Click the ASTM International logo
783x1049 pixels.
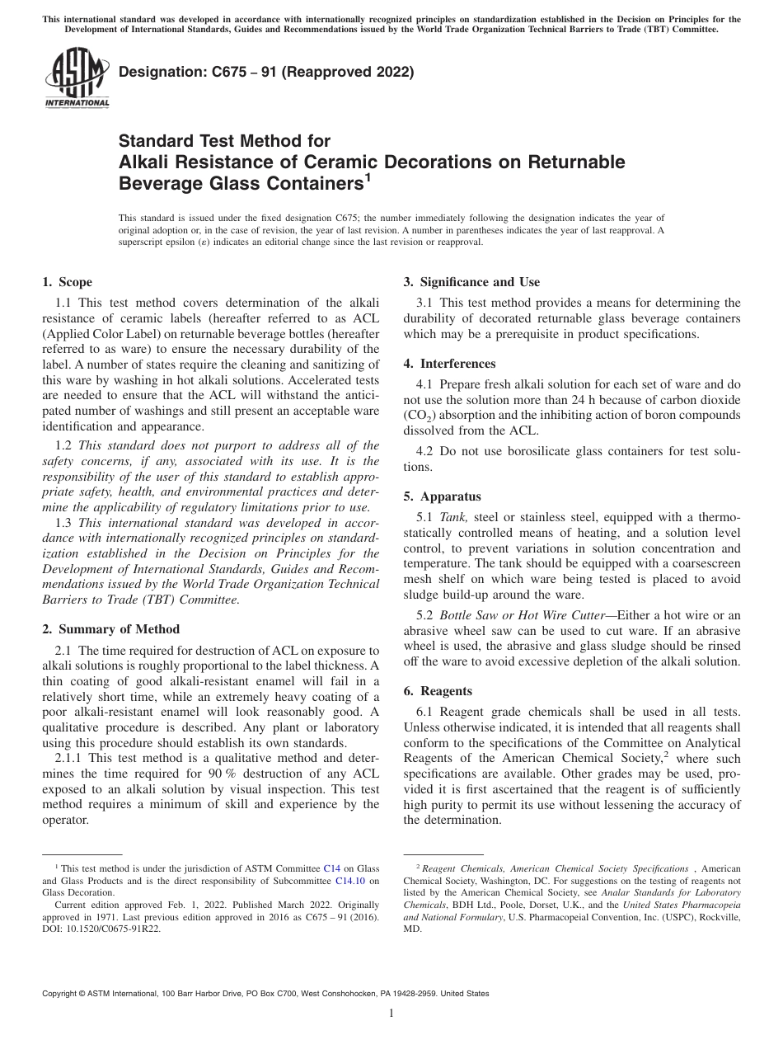tap(76, 78)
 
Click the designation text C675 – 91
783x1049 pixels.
tap(266, 72)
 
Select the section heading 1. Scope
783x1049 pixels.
tap(68, 282)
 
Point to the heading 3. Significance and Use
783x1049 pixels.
tap(471, 282)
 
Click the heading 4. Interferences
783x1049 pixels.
tap(449, 364)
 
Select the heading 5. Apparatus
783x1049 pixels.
tap(443, 496)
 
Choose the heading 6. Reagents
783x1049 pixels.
tap(438, 691)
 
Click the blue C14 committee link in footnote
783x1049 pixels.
tap(331, 868)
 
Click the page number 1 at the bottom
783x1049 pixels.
tap(391, 1014)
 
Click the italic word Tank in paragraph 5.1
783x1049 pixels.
tap(453, 517)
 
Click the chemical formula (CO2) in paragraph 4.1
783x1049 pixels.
tap(420, 416)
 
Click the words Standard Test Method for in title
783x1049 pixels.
tap(225, 142)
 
